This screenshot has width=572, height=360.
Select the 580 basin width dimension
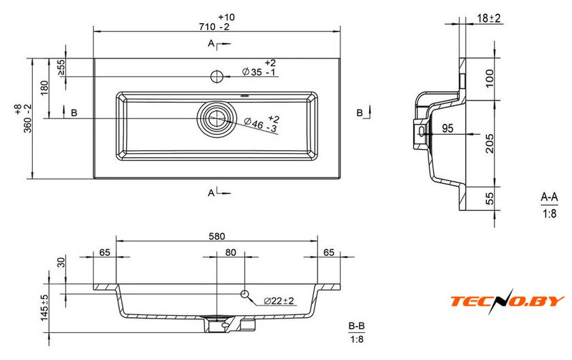pos(217,236)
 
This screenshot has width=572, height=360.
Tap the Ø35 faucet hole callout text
pos(259,68)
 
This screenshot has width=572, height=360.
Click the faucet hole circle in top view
pos(217,76)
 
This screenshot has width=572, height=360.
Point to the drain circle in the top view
pos(217,118)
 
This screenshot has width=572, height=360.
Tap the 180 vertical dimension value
pos(44,88)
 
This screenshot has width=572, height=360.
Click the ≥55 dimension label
pos(61,67)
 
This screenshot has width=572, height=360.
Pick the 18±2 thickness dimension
pos(489,18)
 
